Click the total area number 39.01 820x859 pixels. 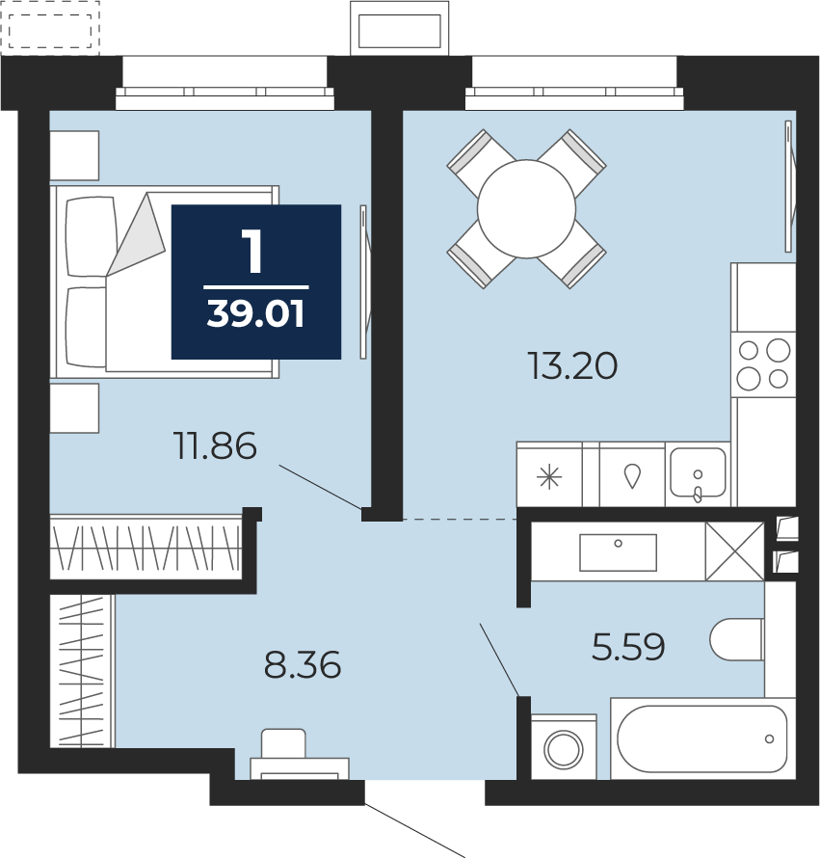[255, 314]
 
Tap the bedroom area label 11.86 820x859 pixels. [215, 445]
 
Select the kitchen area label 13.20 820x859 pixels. [572, 366]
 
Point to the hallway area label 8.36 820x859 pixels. [303, 665]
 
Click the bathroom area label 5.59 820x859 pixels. [628, 647]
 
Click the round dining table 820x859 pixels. [527, 208]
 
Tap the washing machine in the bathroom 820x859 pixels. [564, 746]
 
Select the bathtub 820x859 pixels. [702, 738]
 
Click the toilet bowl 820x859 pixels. [737, 639]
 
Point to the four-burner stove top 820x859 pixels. [763, 364]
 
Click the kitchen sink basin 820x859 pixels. [698, 472]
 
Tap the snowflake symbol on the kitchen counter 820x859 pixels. [549, 477]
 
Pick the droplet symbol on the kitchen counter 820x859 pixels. [633, 475]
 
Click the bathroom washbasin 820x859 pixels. [618, 552]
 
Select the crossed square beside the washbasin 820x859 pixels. [734, 551]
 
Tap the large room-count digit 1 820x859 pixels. [254, 251]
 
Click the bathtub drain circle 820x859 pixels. [769, 739]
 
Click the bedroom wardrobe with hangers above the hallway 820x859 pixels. [145, 547]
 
